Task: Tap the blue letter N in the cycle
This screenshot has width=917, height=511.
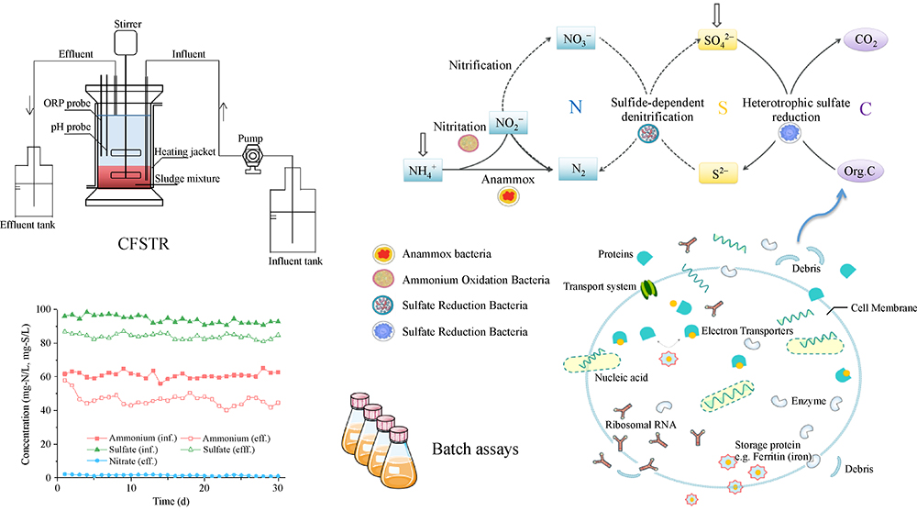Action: pos(576,107)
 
